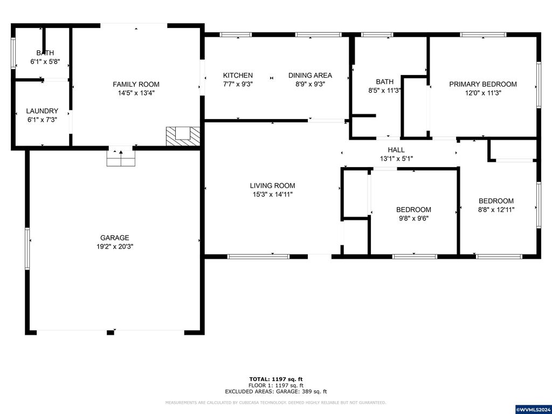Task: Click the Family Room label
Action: tap(136, 84)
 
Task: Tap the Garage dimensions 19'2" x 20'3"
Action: tap(115, 246)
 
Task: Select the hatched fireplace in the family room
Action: tap(183, 136)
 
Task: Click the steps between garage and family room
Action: tap(121, 158)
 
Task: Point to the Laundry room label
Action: tap(42, 111)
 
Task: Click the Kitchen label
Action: tap(238, 75)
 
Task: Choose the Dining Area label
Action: tap(310, 75)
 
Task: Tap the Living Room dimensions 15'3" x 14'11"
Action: tap(272, 194)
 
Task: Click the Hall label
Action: tap(396, 150)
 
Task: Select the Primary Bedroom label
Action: tap(483, 84)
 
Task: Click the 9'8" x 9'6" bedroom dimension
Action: tap(413, 218)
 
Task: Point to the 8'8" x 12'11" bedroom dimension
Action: tap(496, 210)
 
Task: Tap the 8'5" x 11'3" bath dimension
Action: tap(385, 91)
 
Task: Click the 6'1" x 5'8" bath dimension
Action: tap(45, 61)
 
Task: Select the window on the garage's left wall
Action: tap(27, 249)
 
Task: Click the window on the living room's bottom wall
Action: tap(258, 257)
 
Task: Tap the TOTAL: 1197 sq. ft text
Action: tap(276, 379)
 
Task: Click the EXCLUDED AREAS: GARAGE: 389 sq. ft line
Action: tap(276, 391)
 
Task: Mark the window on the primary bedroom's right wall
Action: tap(539, 85)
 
